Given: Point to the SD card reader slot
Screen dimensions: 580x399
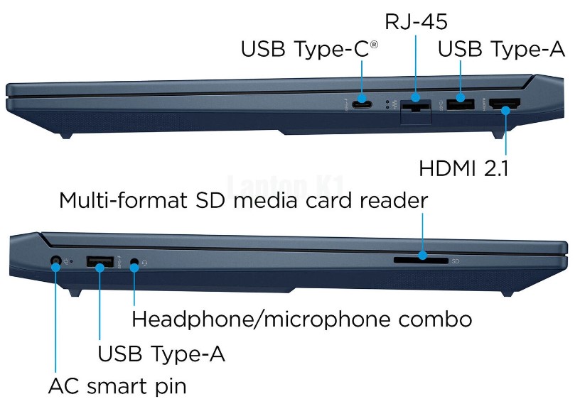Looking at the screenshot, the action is pyautogui.click(x=421, y=261).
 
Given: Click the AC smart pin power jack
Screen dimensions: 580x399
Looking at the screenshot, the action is pyautogui.click(x=55, y=262).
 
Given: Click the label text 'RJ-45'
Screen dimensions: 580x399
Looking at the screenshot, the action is pyautogui.click(x=416, y=22).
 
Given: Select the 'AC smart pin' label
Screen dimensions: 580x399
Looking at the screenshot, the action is pyautogui.click(x=117, y=387).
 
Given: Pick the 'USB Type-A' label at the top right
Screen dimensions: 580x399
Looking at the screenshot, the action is pyautogui.click(x=501, y=50).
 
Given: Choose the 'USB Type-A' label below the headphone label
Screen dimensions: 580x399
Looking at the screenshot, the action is pyautogui.click(x=161, y=353).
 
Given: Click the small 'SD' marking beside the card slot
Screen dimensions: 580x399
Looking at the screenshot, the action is pyautogui.click(x=456, y=261).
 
